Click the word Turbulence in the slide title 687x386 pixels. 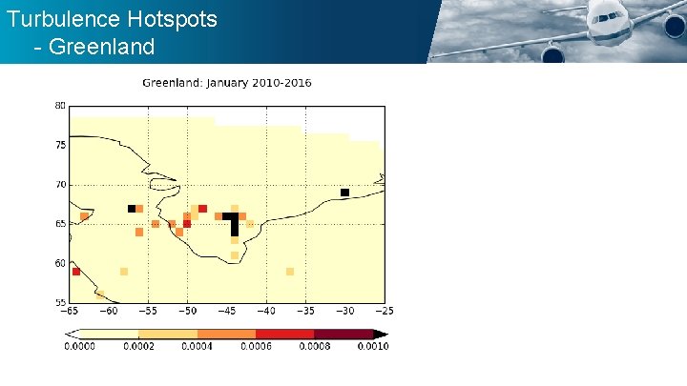(x=53, y=18)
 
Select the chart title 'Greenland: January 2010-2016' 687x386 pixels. (x=226, y=83)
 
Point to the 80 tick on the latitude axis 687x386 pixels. (x=60, y=106)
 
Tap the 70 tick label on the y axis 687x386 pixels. (x=60, y=184)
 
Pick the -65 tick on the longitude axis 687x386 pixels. (x=69, y=312)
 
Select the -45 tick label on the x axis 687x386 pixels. (x=226, y=312)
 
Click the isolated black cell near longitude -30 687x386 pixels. (x=344, y=193)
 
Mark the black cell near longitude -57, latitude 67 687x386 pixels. (x=132, y=209)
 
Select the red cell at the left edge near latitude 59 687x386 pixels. (x=76, y=272)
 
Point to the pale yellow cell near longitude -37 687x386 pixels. (x=290, y=272)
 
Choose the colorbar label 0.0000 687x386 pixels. (x=79, y=346)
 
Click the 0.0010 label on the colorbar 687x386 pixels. (x=373, y=346)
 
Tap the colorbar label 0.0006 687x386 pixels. (x=257, y=346)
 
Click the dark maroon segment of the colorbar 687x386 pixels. (x=343, y=334)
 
